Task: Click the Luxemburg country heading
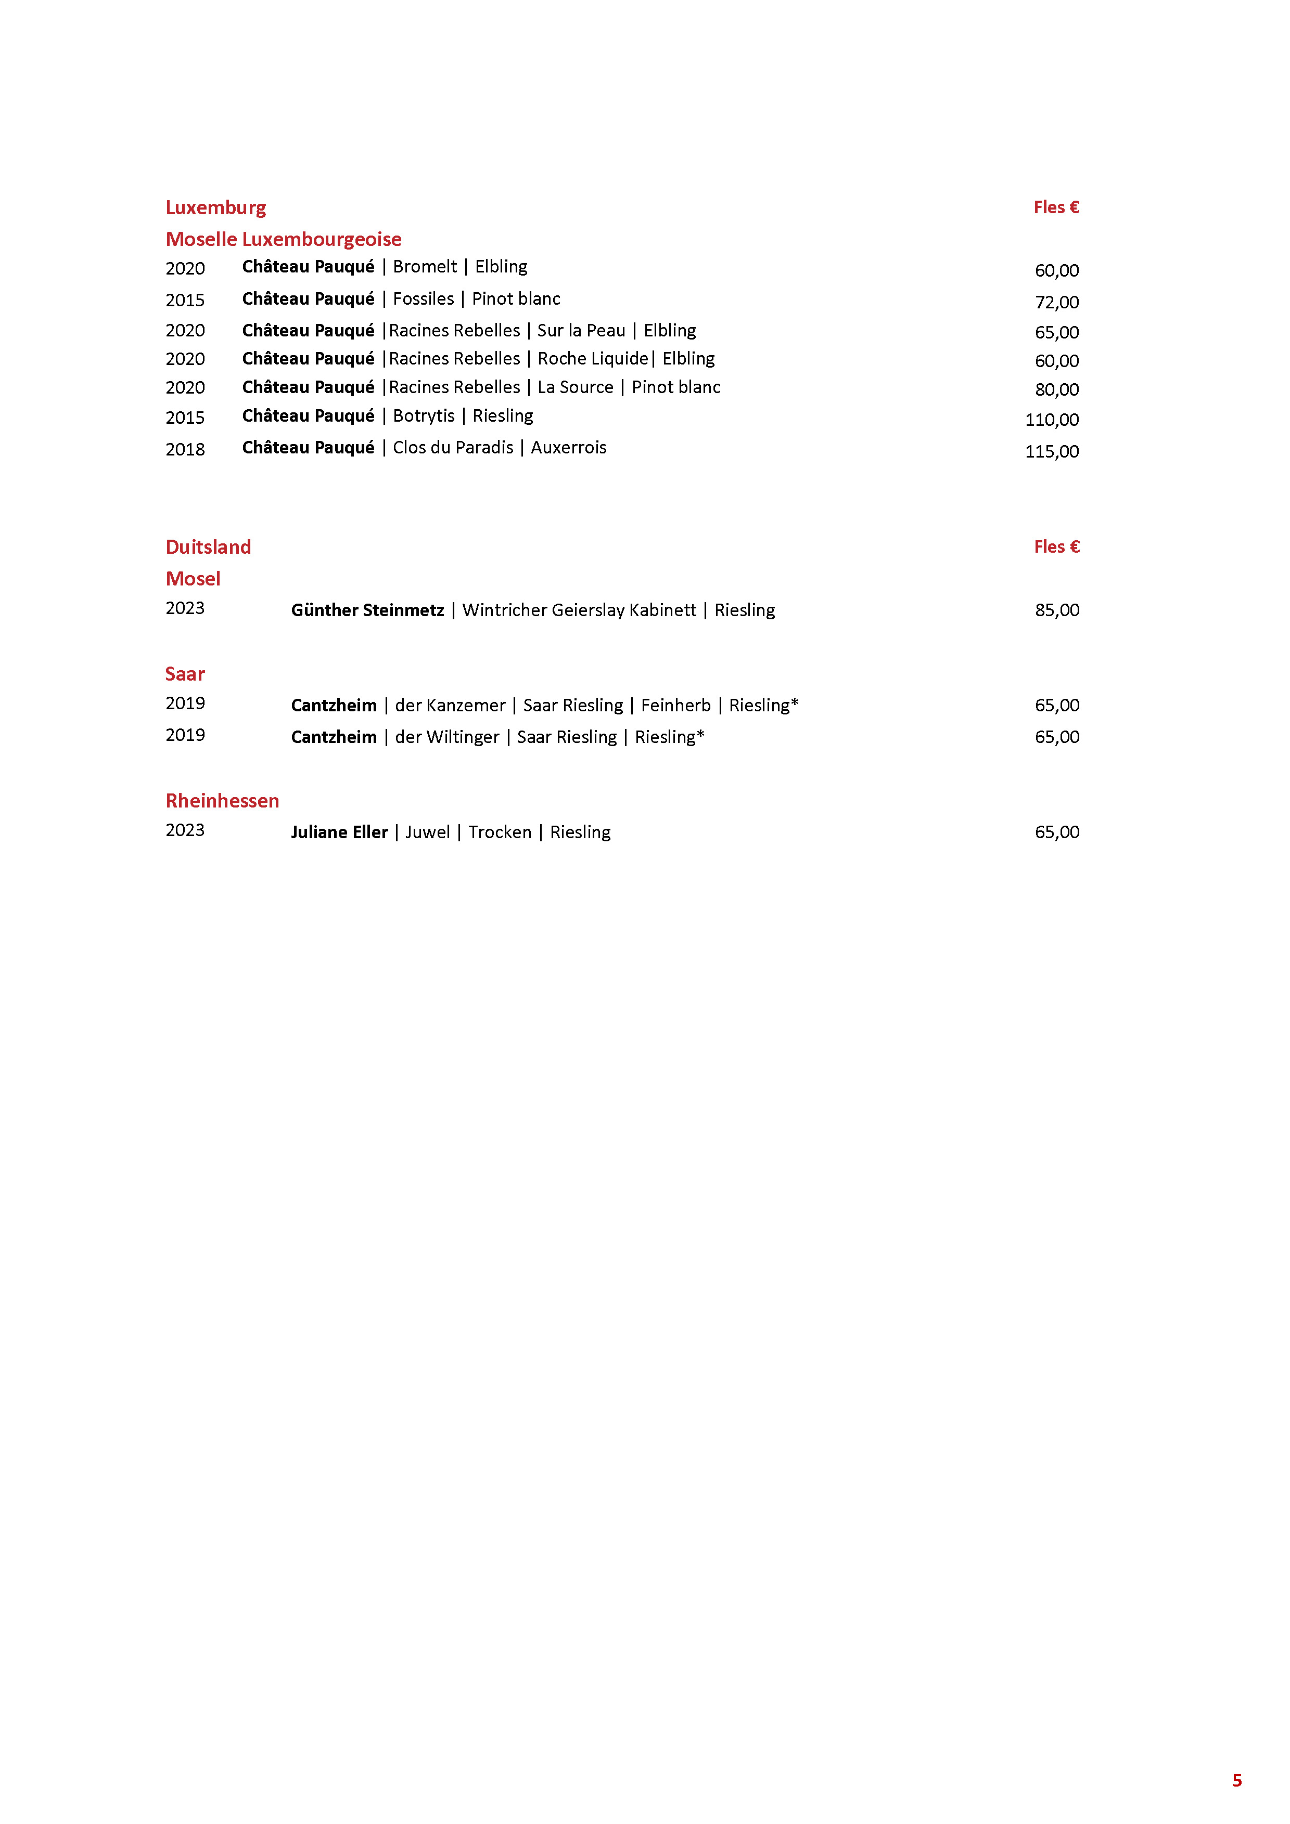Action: point(215,208)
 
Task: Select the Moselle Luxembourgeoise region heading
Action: point(283,239)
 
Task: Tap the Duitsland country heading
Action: point(208,548)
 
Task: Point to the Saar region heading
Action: point(185,674)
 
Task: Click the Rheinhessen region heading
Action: point(223,801)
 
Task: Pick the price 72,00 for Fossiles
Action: point(1056,303)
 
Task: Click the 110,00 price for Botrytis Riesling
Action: point(1052,420)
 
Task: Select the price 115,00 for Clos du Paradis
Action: point(1052,452)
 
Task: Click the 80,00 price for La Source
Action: point(1056,390)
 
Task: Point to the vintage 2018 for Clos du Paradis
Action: point(185,450)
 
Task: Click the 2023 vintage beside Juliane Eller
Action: point(185,830)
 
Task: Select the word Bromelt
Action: point(425,267)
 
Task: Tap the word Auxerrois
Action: point(568,448)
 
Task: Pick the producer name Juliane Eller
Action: point(339,832)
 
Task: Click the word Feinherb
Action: point(675,706)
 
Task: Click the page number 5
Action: point(1237,1780)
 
